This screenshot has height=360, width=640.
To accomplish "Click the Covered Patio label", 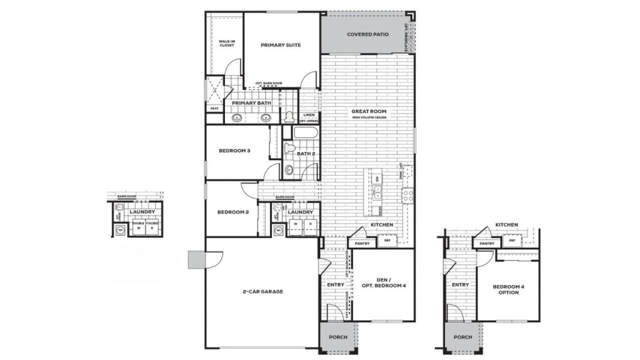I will click(x=367, y=34).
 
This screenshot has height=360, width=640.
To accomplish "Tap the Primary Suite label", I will click(x=281, y=45).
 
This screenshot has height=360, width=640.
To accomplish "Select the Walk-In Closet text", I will click(x=226, y=44).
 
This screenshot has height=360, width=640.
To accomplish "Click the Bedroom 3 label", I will click(x=234, y=151).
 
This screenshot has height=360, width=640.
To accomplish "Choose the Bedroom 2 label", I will click(x=233, y=212).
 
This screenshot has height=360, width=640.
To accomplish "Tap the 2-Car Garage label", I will click(x=264, y=291).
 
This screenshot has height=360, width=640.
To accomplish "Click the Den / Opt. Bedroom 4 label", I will click(x=384, y=282).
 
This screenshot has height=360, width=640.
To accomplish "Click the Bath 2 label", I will click(x=305, y=153).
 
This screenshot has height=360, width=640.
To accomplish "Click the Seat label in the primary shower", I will click(x=214, y=109).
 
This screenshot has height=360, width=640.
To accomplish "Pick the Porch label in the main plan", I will click(x=338, y=337).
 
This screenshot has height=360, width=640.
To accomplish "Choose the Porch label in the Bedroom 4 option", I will click(x=463, y=337).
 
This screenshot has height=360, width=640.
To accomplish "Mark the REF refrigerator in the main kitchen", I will click(x=387, y=240).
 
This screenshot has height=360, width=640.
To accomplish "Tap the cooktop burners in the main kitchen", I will click(x=407, y=194).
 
